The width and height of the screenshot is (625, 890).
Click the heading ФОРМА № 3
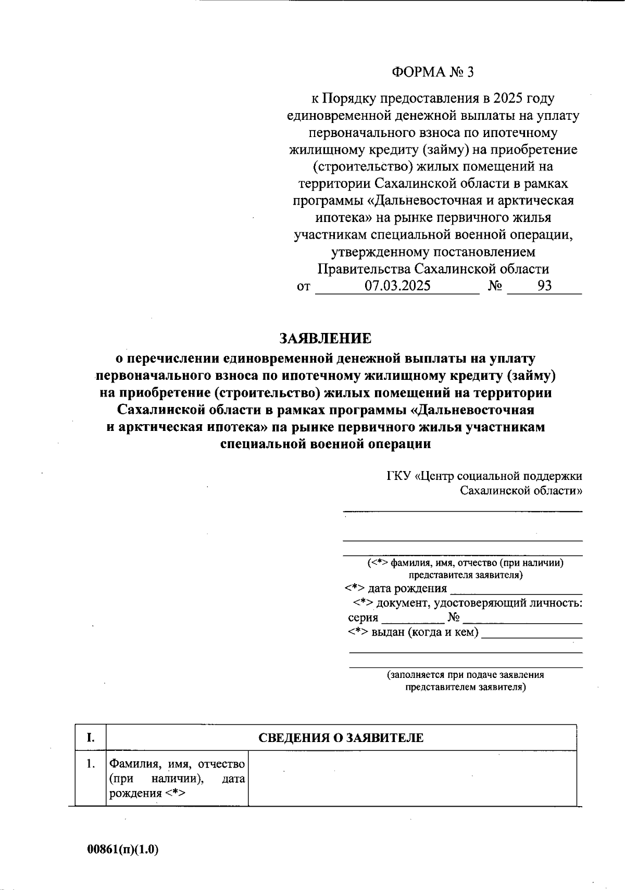point(433,72)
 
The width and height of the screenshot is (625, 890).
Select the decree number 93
point(544,286)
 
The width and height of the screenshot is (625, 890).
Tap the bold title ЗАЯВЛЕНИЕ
point(326,339)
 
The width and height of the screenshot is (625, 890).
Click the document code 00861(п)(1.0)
point(123,849)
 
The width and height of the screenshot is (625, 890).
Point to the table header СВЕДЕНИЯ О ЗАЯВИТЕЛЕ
point(341,738)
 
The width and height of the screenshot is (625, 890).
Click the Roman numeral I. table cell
point(91,737)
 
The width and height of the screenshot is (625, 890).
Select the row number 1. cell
point(91,764)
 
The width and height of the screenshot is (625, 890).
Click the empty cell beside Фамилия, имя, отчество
point(412,778)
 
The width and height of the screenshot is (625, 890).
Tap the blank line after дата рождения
point(516,590)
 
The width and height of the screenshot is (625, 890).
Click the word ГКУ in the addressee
point(398,476)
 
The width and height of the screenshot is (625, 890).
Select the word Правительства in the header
point(364,269)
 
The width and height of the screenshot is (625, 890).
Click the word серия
point(363,618)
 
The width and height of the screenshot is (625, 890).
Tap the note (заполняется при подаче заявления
point(465,675)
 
